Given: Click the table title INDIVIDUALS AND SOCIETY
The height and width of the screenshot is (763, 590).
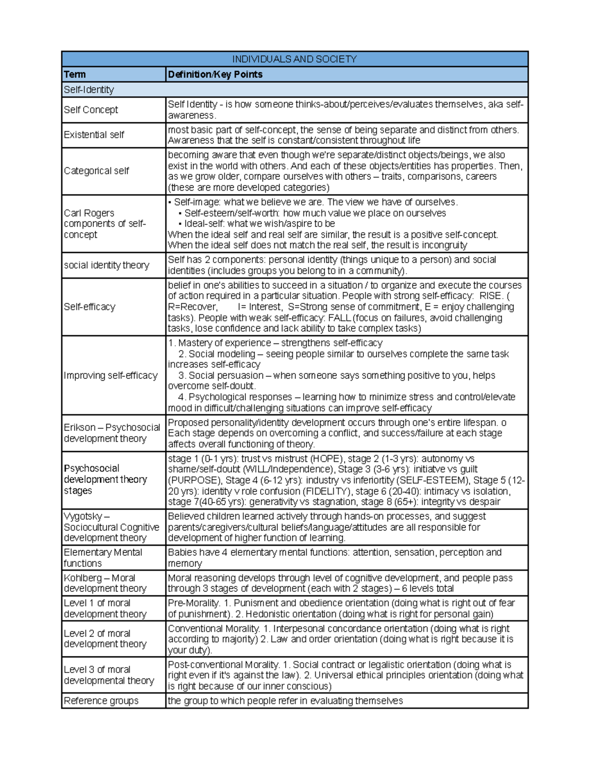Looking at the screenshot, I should [x=295, y=59].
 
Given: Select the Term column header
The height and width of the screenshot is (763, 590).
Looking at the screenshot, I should [x=75, y=75].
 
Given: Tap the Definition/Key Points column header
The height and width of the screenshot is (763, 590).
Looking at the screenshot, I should [x=215, y=75].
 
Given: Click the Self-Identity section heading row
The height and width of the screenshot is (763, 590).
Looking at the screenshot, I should [x=89, y=90].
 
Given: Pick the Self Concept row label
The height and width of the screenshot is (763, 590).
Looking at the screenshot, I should [x=91, y=110].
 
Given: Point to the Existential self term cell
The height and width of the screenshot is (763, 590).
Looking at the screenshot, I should [x=94, y=135].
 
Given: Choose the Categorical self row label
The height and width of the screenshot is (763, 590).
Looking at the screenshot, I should [x=96, y=171].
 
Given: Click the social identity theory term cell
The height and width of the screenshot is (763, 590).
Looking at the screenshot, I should [x=107, y=265].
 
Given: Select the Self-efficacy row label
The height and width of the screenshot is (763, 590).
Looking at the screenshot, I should [x=89, y=307].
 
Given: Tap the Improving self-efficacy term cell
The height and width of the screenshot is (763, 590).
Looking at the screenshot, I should [x=111, y=376].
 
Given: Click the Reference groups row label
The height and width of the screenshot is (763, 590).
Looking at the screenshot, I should [x=101, y=701].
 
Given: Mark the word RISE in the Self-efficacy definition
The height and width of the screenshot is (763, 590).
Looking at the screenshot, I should [x=491, y=296].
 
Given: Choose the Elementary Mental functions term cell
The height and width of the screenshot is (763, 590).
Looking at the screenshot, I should [x=103, y=558].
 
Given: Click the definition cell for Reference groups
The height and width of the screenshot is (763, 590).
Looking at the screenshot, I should [x=285, y=701].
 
